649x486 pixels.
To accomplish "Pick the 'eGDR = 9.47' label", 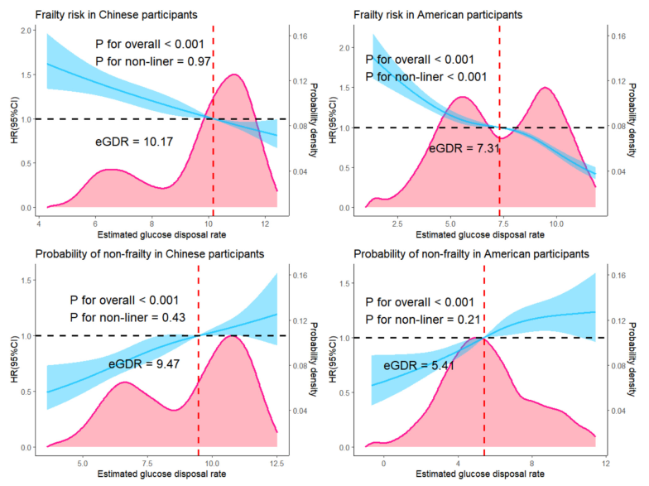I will pos(145,363).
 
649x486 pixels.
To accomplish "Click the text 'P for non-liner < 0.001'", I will pos(425,77).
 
